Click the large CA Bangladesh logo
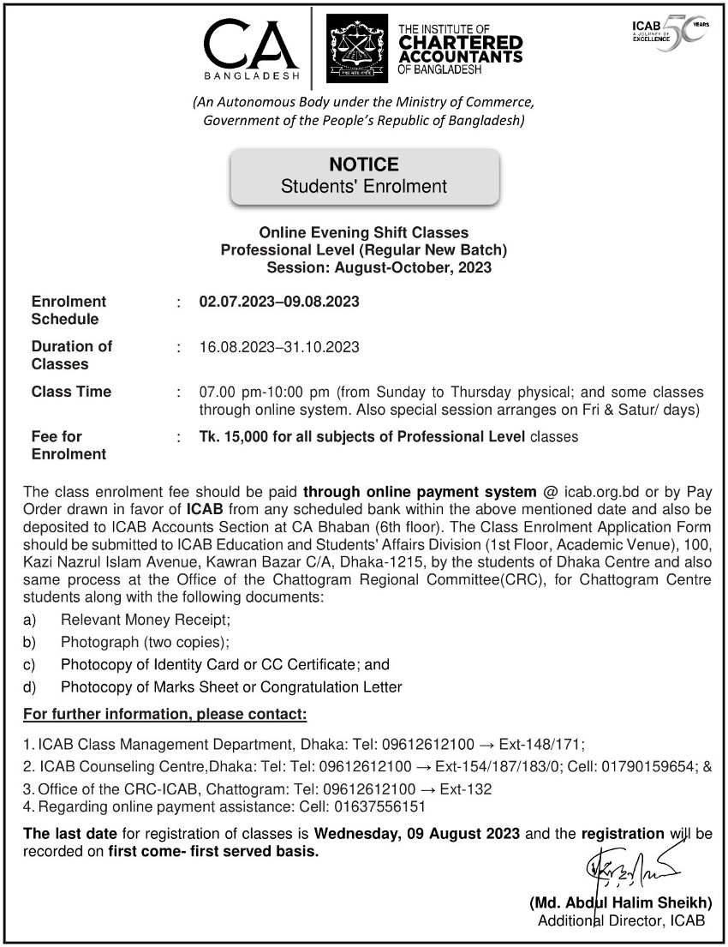(252, 47)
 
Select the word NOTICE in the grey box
(364, 164)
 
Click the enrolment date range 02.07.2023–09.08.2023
(279, 302)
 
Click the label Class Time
(71, 392)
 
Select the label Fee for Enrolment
(69, 446)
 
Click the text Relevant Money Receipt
(145, 620)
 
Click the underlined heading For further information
(164, 714)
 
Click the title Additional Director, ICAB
(621, 920)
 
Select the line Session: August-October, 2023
(379, 268)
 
